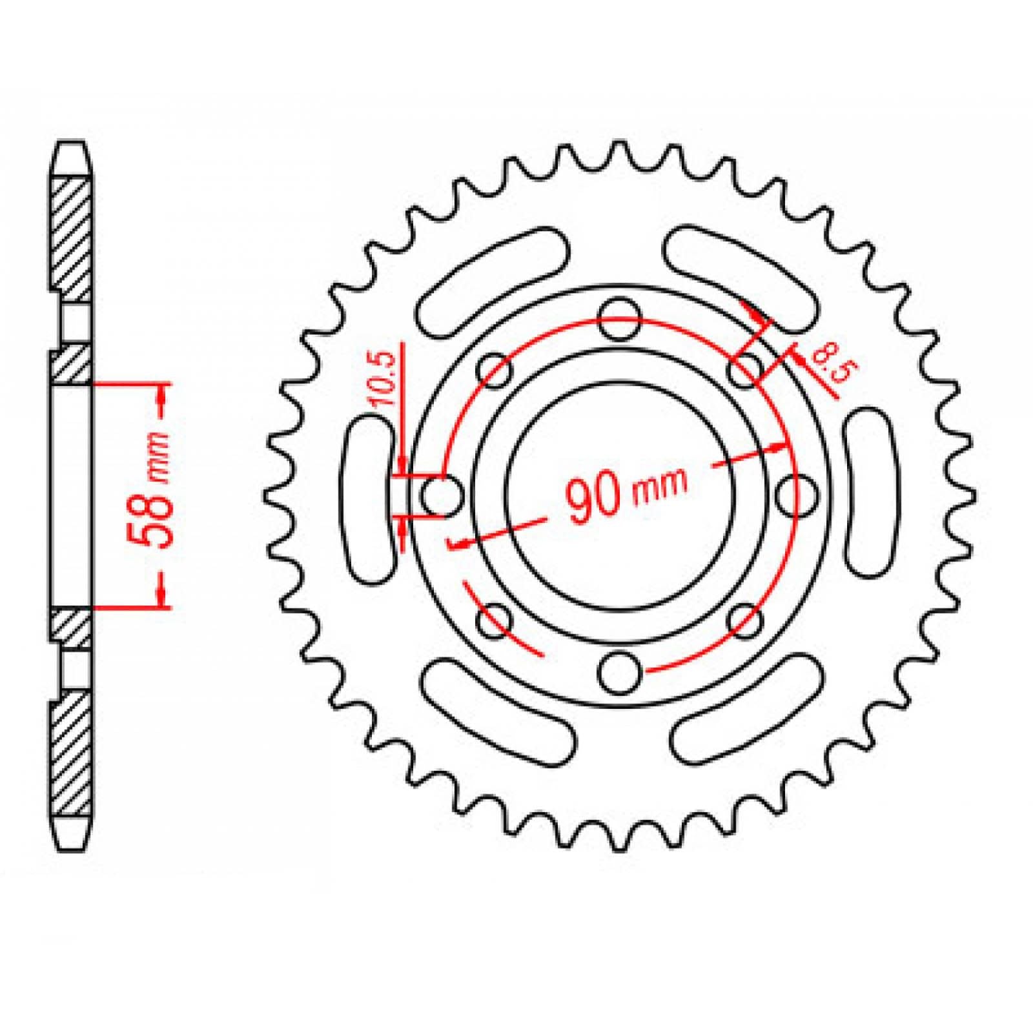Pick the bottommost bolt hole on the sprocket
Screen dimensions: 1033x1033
pos(620,671)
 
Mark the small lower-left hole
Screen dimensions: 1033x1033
pos(495,620)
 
